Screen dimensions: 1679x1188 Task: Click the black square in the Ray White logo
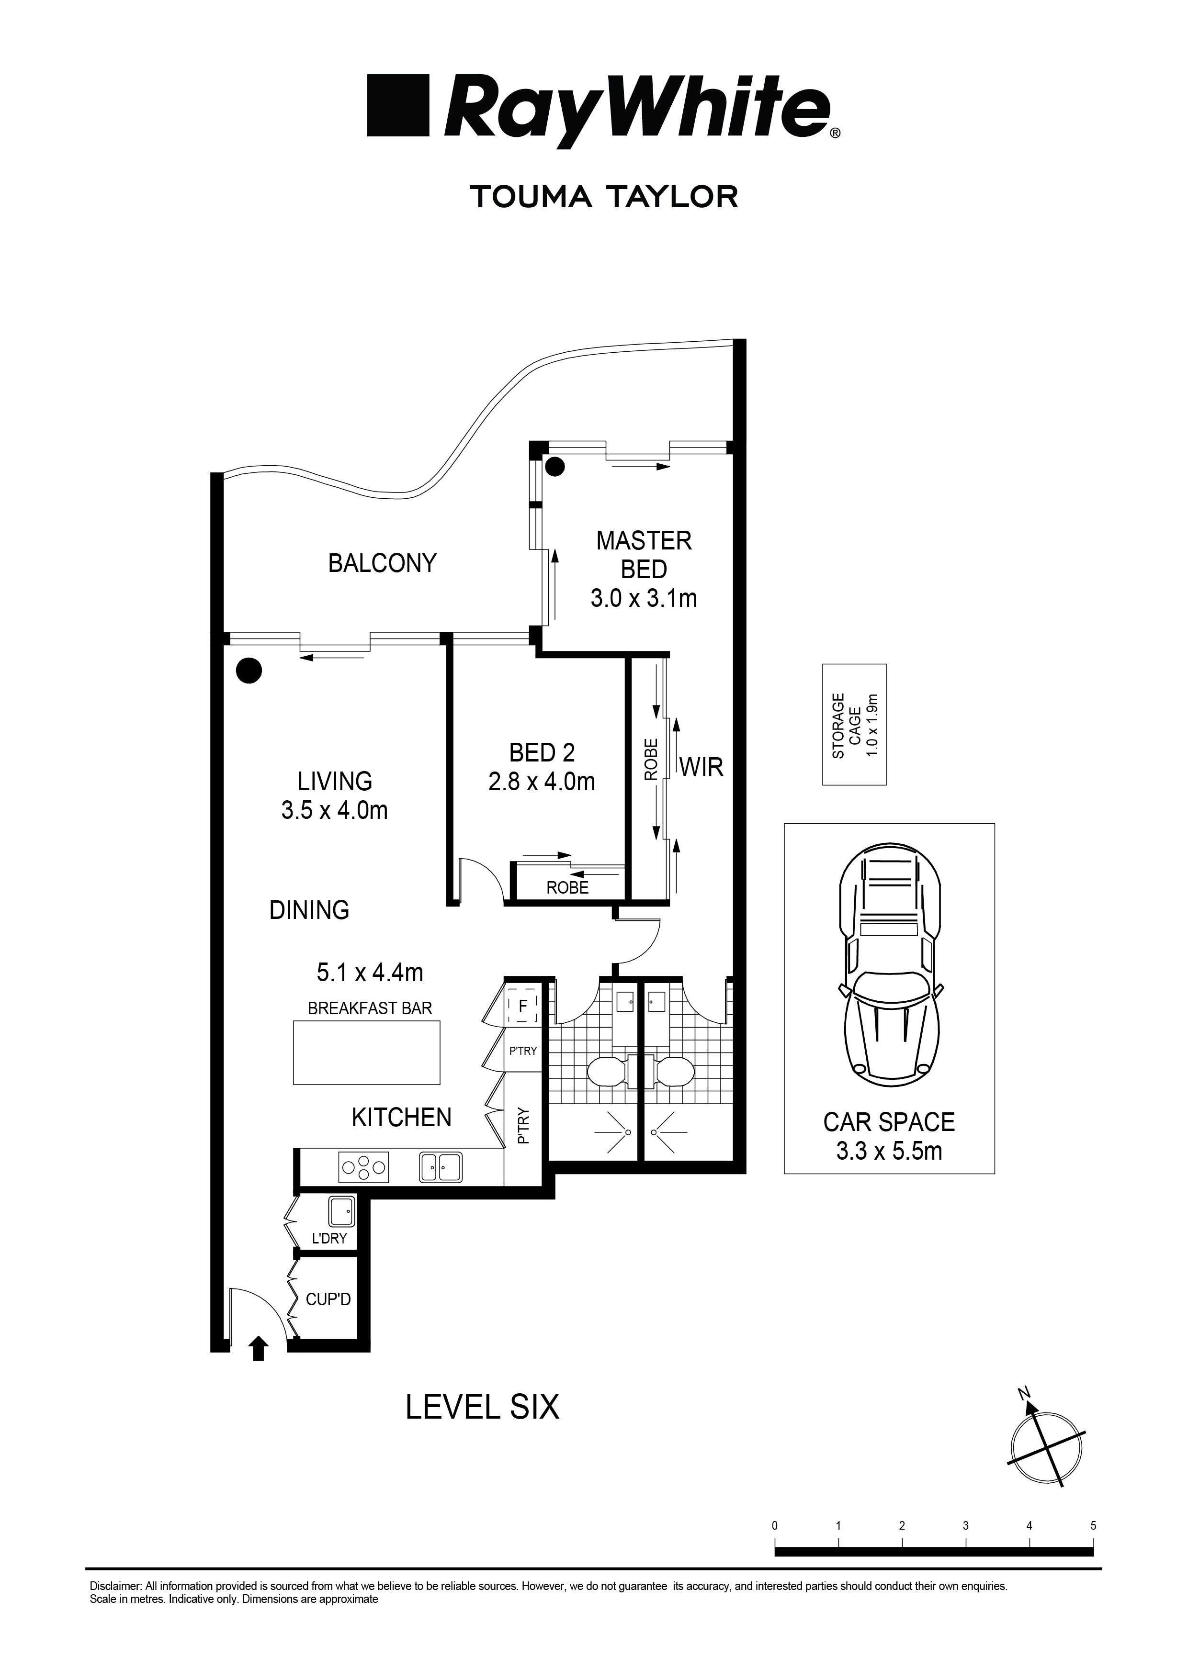tap(397, 104)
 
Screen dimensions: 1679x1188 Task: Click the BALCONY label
tap(382, 563)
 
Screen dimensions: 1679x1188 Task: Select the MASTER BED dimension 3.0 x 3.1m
tap(644, 599)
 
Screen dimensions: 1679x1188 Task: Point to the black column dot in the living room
tap(249, 670)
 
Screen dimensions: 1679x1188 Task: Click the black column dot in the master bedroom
tap(556, 466)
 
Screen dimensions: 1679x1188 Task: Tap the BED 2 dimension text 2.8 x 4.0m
tap(542, 782)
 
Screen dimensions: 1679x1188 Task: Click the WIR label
tap(701, 767)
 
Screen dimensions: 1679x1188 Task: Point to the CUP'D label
tap(328, 1299)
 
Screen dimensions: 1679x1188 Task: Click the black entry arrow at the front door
tap(258, 1348)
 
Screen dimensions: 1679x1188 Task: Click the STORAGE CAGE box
tap(854, 725)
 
